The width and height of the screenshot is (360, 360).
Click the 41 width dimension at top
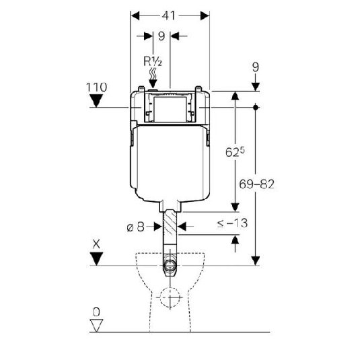tap(169, 16)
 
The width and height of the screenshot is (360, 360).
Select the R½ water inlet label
tap(153, 61)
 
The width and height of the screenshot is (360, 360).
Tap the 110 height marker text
tap(96, 87)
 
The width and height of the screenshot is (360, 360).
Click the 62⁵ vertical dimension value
tap(235, 152)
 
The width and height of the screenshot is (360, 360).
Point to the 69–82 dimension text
tap(256, 184)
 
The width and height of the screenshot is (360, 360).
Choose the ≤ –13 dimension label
tap(232, 223)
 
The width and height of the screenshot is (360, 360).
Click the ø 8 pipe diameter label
tap(136, 227)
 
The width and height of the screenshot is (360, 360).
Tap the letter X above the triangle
tap(96, 244)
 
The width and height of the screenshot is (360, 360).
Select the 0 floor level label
tap(96, 312)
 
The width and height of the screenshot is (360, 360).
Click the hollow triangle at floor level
tap(96, 325)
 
